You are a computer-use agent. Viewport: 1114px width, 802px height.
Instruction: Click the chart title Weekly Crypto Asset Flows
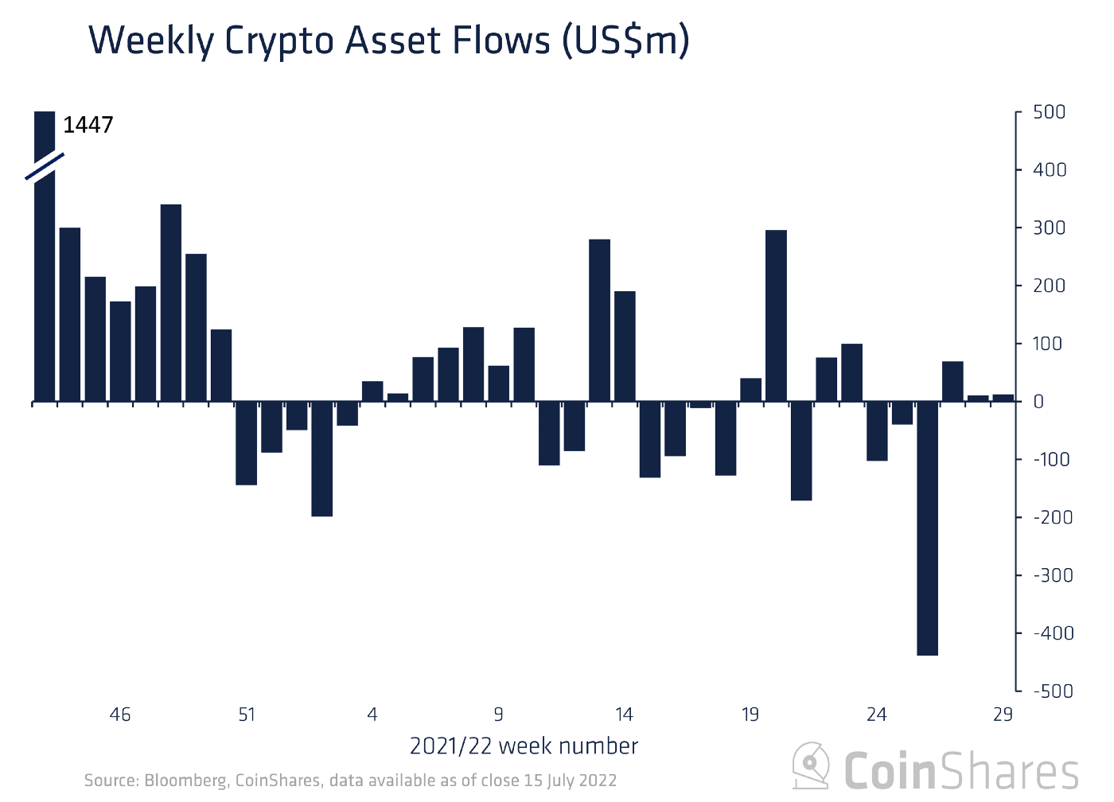(388, 40)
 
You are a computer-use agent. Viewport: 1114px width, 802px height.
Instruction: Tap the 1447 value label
(88, 125)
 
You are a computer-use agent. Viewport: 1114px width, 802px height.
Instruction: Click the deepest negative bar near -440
(927, 528)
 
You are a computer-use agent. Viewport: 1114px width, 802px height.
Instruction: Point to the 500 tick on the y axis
(1049, 112)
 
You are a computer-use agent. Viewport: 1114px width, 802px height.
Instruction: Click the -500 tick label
(1052, 691)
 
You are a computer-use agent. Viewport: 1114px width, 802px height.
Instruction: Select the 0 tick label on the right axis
(1038, 402)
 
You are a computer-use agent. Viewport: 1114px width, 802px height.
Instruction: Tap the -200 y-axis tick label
(1052, 517)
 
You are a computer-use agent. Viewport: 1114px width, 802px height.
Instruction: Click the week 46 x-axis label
(120, 714)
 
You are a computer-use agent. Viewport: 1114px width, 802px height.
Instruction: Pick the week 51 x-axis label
(247, 714)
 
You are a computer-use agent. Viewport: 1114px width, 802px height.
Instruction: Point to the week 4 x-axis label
(372, 714)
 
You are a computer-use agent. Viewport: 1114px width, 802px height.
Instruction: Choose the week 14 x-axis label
(625, 714)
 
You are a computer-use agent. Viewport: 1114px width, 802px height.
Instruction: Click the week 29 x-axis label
(1003, 714)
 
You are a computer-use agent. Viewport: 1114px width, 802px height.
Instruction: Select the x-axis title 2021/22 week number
(524, 746)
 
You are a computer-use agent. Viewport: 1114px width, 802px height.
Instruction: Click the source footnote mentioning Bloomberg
(350, 781)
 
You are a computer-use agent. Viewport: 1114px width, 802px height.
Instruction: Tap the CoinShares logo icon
(812, 767)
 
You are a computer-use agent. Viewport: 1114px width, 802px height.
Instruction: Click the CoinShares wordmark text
(961, 770)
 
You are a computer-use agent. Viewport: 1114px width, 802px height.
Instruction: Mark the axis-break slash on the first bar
(45, 165)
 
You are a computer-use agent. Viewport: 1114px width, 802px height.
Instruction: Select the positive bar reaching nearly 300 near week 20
(776, 316)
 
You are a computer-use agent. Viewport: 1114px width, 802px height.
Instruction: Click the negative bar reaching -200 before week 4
(322, 459)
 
